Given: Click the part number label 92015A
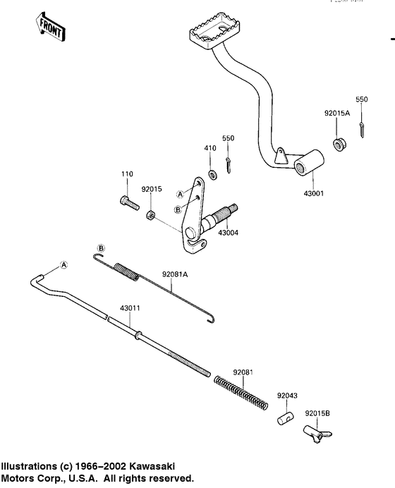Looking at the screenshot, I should point(336,112).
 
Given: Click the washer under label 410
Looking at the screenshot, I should point(211,173).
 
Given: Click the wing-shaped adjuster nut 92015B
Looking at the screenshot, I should point(315,434).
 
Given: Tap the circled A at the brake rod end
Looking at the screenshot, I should point(64,264).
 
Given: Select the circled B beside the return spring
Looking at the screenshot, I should point(101,248).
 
